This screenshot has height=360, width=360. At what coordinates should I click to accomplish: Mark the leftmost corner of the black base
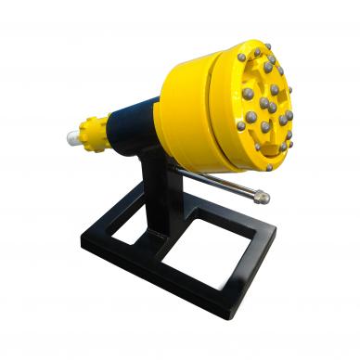pyautogui.click(x=83, y=240)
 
